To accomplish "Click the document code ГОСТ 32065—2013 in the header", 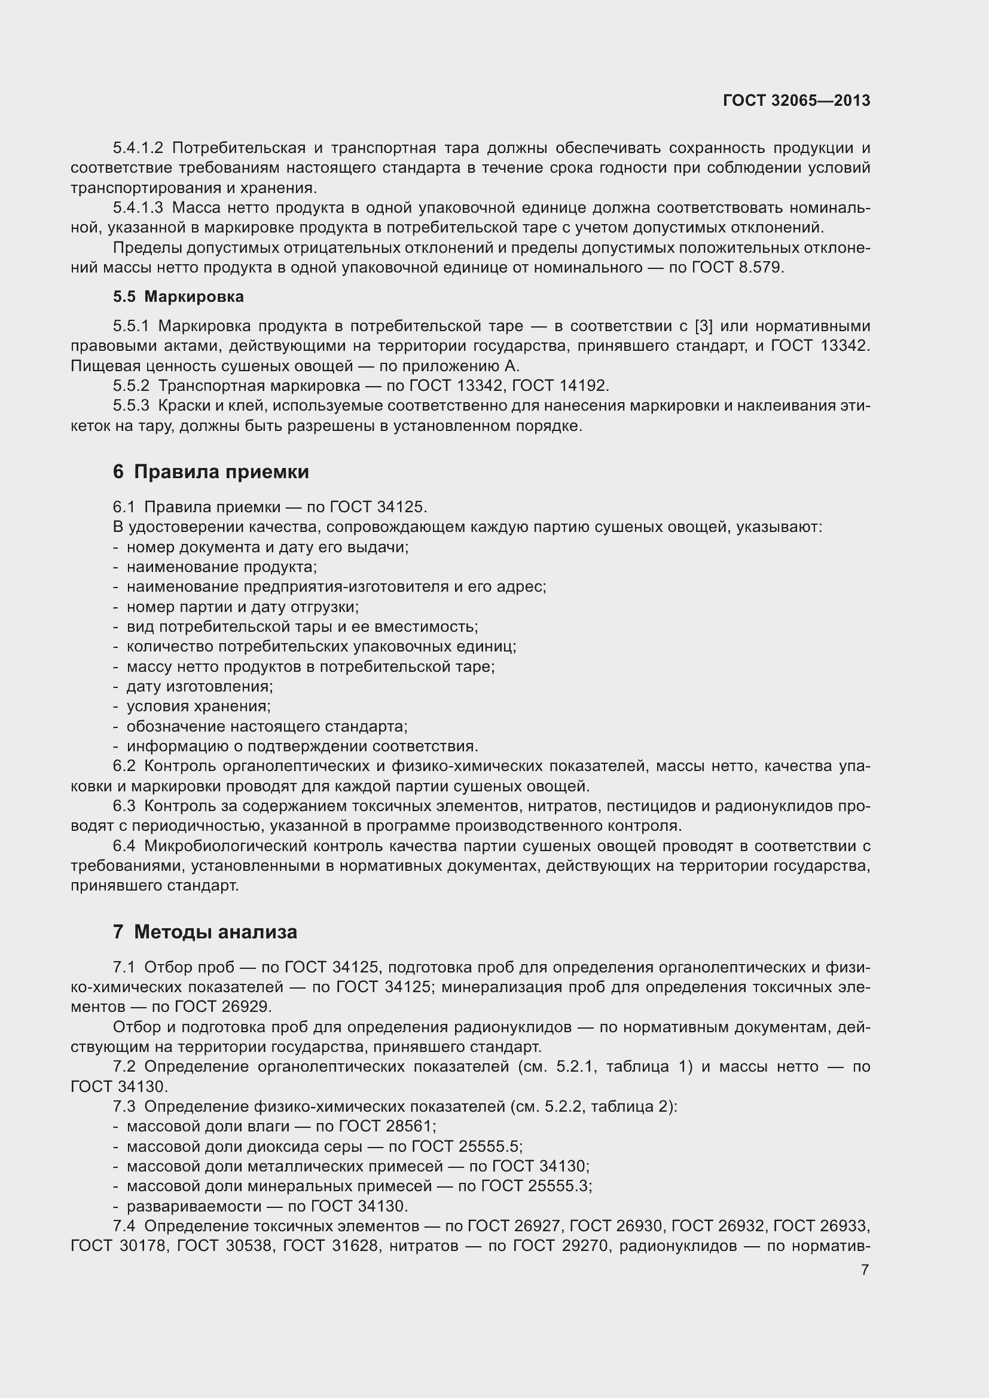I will [796, 100].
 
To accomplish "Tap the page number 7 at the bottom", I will [865, 1269].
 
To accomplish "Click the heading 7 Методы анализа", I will [204, 932].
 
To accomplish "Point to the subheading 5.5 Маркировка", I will [178, 296].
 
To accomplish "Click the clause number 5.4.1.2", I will [138, 148].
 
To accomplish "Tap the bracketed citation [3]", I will [703, 326].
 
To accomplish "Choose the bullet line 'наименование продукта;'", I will [222, 567].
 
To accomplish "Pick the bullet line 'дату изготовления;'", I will [200, 686].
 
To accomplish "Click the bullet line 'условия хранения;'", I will [199, 706].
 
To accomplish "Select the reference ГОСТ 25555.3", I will [536, 1185].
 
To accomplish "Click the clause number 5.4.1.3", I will [138, 207].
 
